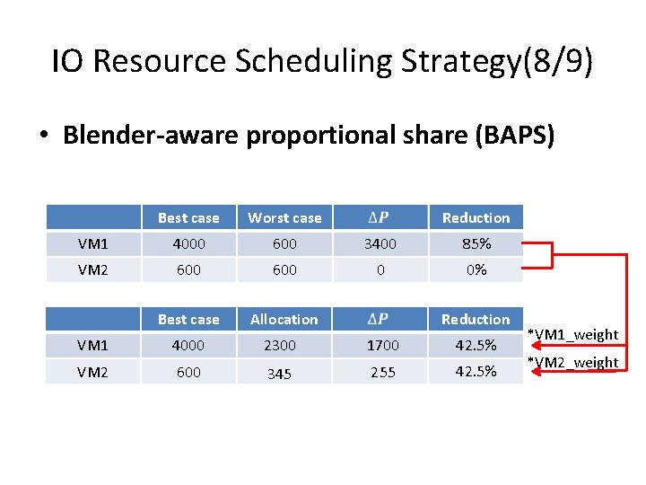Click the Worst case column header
pos(284,217)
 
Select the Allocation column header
pos(284,319)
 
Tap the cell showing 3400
pos(380,243)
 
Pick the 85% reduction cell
pos(476,243)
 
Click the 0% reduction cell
pos(476,269)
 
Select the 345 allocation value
pos(279,374)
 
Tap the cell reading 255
pos(382,372)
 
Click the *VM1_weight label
pos(573,334)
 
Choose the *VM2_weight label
pos(573,362)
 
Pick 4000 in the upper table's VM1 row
pos(188,243)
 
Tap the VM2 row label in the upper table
pos(93,269)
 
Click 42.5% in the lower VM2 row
pos(476,372)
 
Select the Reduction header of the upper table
pos(476,217)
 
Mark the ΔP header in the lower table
pos(380,319)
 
